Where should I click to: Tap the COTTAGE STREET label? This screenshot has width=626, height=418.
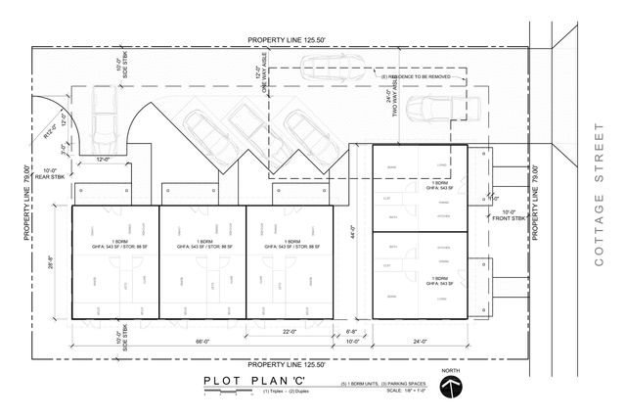[x=599, y=195]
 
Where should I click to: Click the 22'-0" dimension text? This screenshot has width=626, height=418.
[x=290, y=333]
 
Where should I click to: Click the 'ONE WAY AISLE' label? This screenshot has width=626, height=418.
[x=263, y=77]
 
